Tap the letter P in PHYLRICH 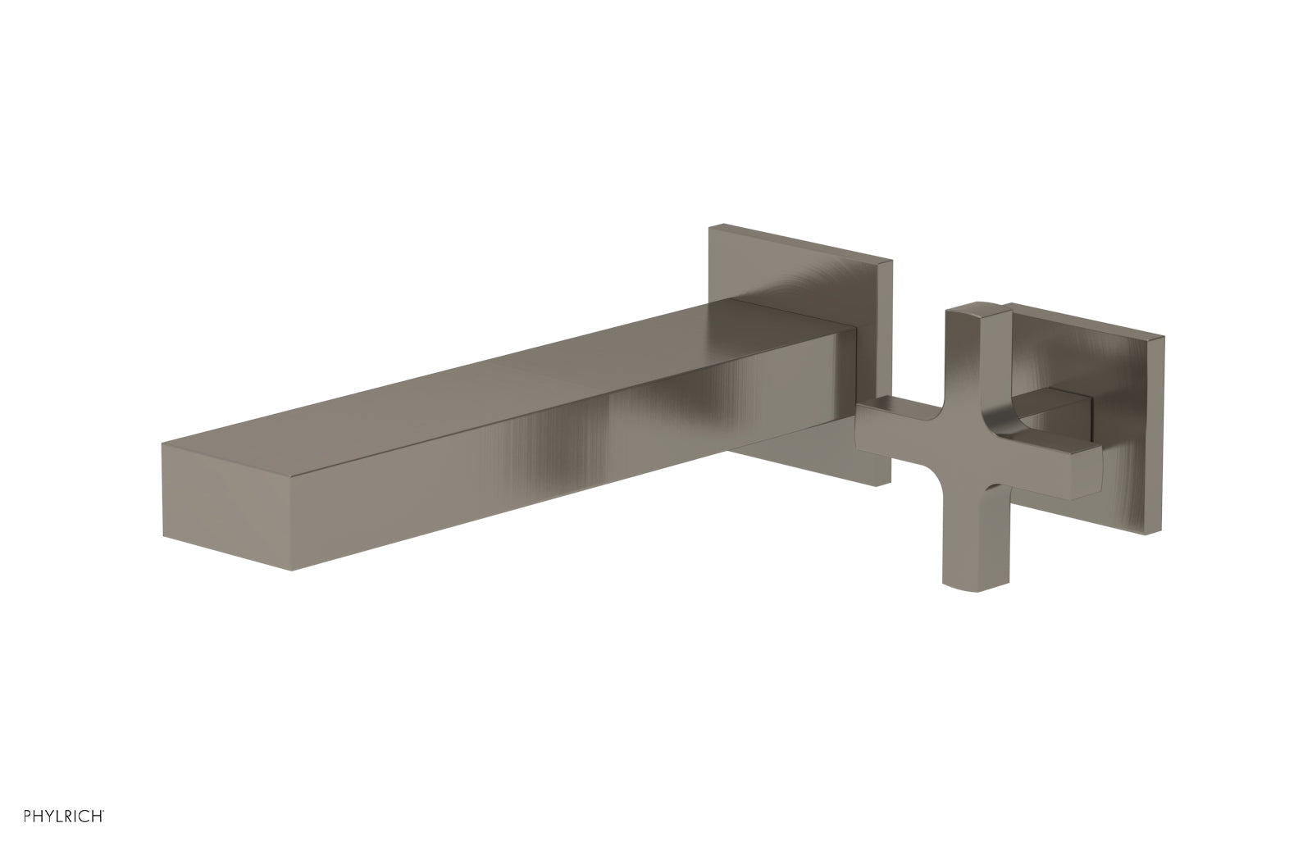[x=8, y=816]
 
